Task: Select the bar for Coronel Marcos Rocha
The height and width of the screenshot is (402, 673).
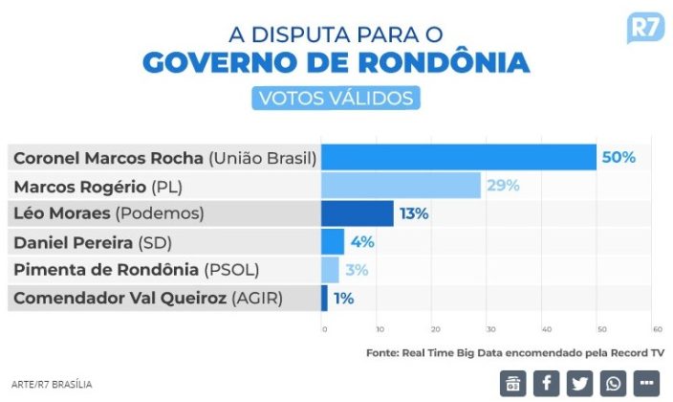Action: tap(458, 157)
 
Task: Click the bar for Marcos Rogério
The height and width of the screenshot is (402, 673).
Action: tap(401, 185)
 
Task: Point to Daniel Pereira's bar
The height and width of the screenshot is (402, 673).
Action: tap(333, 241)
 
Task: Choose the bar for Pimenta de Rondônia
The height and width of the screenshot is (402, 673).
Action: tap(330, 269)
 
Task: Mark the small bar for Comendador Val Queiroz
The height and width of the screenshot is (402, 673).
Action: tap(324, 298)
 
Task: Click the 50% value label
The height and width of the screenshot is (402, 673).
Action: tap(619, 157)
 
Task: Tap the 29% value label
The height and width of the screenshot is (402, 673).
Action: tap(503, 185)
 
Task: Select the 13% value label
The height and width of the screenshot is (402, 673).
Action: tap(414, 212)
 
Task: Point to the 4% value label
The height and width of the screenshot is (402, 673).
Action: tap(361, 241)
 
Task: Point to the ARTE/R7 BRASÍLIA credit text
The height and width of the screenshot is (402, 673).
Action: tap(53, 385)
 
